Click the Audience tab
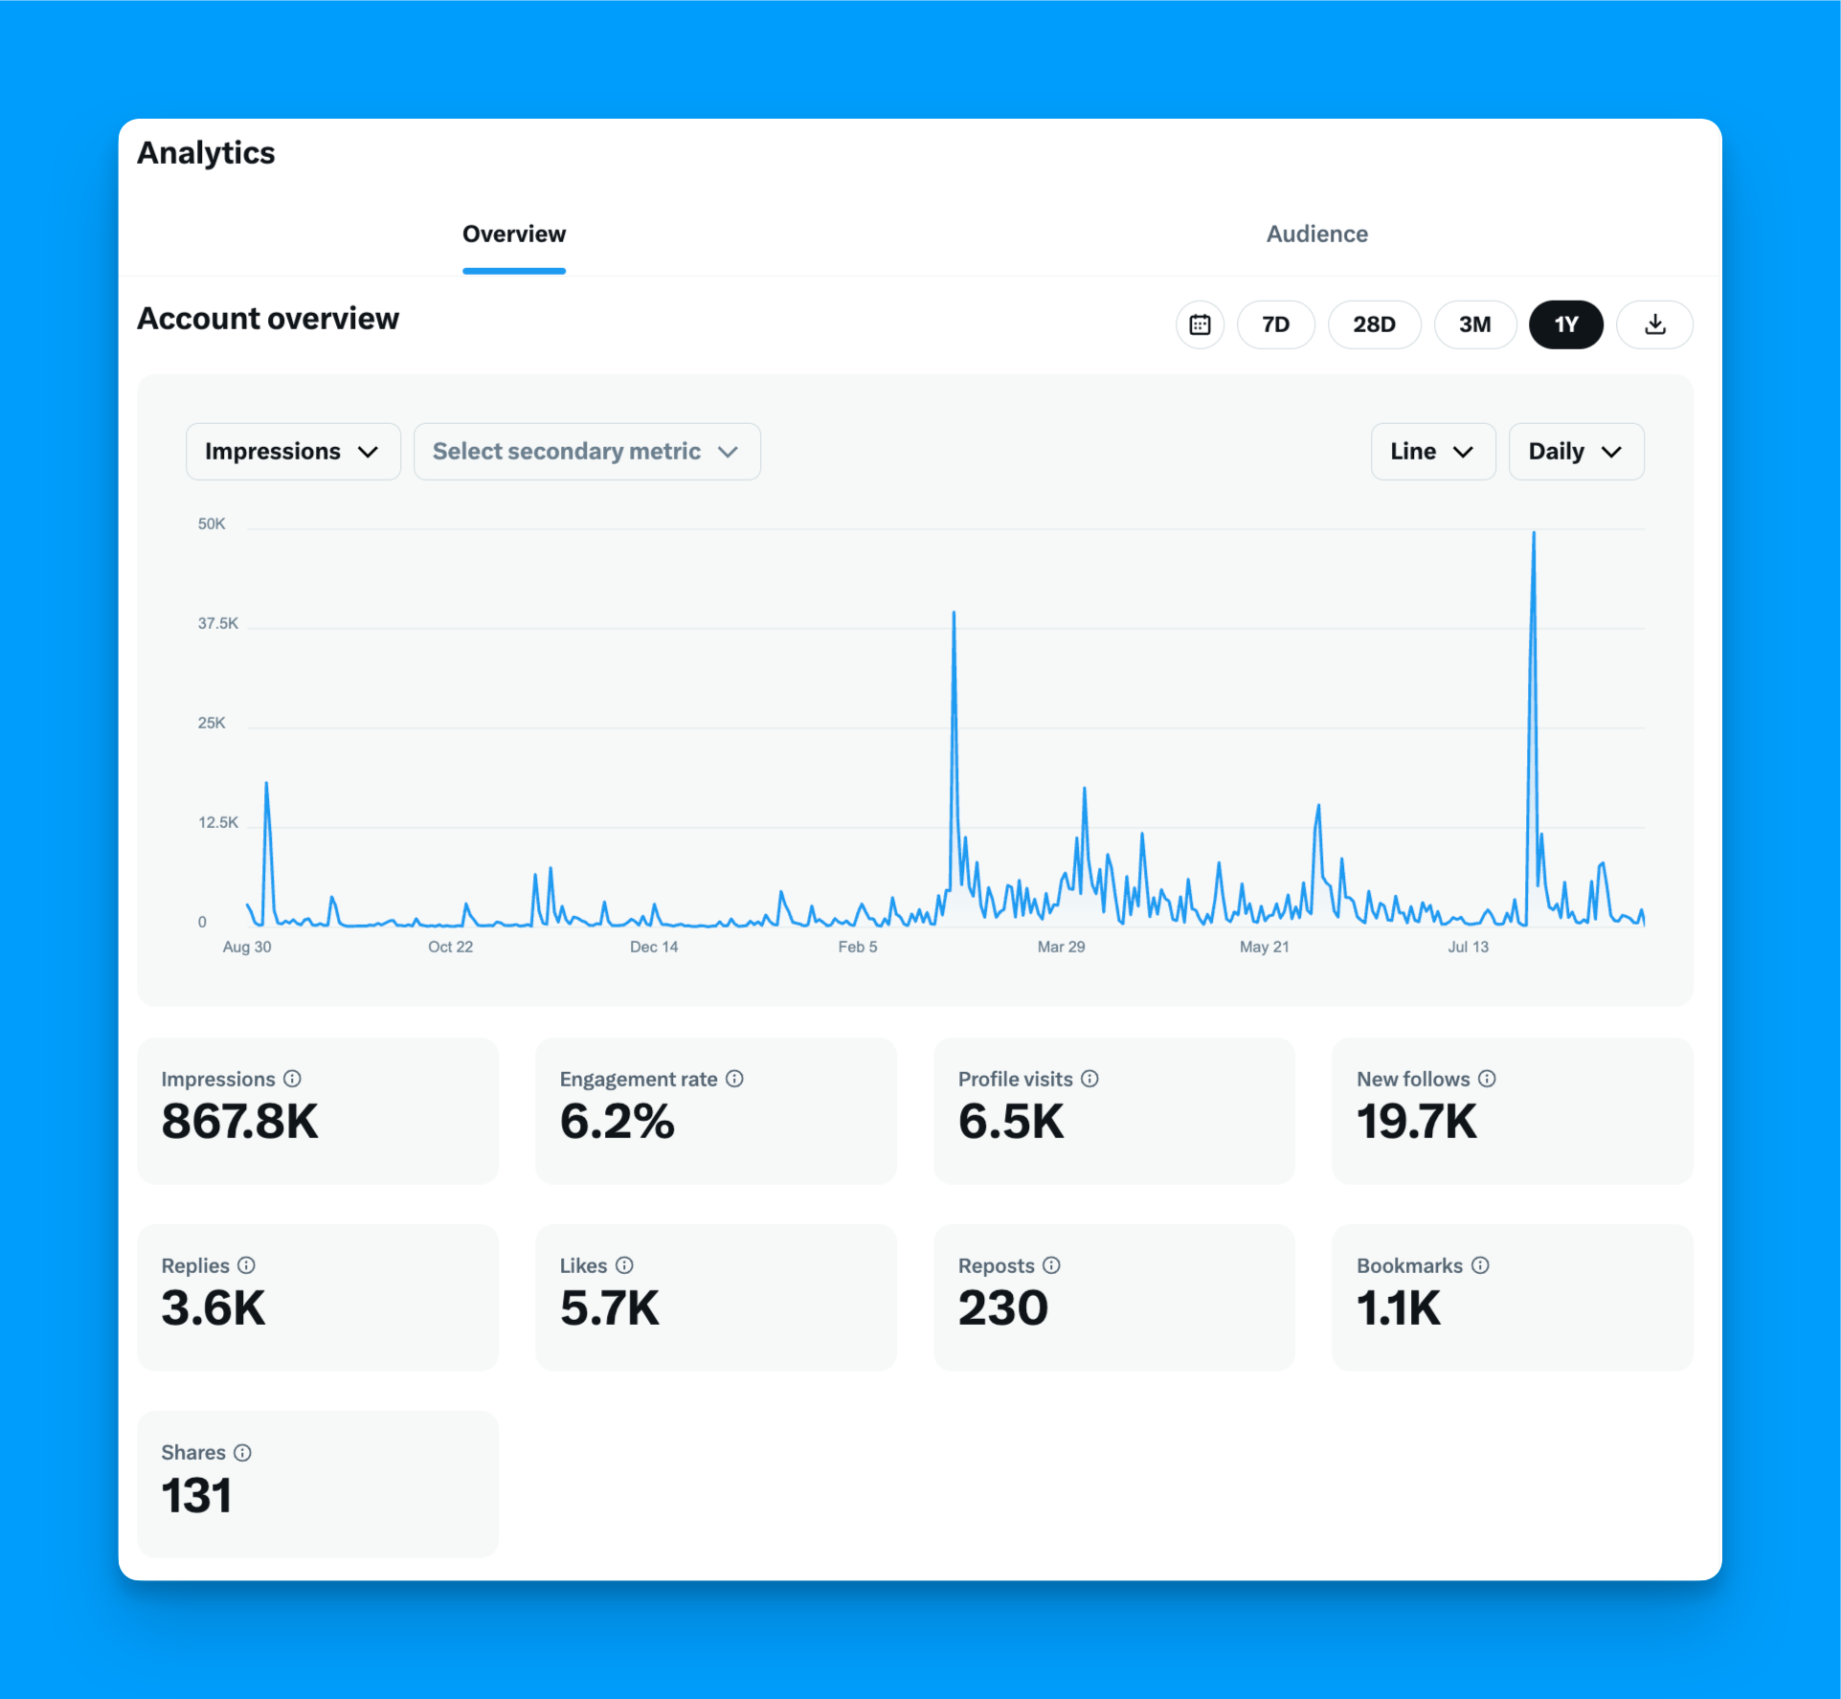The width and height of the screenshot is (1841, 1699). click(x=1316, y=235)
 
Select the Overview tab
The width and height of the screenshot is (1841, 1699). click(x=514, y=235)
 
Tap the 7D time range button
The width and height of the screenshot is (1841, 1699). click(x=1275, y=324)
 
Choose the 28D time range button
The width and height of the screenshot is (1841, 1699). click(x=1374, y=324)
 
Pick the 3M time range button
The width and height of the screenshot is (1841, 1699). click(x=1474, y=324)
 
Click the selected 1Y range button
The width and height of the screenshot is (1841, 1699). click(x=1565, y=324)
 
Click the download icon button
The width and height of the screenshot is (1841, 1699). click(x=1654, y=324)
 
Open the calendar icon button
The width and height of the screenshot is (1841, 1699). click(x=1200, y=324)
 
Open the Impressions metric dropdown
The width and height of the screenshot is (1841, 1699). click(x=292, y=452)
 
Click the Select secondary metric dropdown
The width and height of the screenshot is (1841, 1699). click(x=586, y=452)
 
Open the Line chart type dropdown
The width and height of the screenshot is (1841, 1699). click(x=1432, y=452)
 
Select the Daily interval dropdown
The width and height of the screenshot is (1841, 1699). click(x=1576, y=452)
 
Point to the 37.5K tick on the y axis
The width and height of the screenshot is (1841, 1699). click(x=218, y=623)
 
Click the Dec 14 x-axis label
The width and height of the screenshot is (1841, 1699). click(x=654, y=947)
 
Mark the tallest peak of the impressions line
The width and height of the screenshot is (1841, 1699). click(x=1534, y=533)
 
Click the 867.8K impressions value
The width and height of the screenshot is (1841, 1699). click(x=239, y=1121)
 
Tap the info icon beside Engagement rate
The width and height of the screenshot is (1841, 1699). click(x=734, y=1079)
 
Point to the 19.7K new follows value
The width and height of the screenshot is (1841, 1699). click(x=1416, y=1121)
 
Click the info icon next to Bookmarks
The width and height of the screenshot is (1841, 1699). click(x=1480, y=1265)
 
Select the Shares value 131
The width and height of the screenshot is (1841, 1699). click(x=196, y=1495)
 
